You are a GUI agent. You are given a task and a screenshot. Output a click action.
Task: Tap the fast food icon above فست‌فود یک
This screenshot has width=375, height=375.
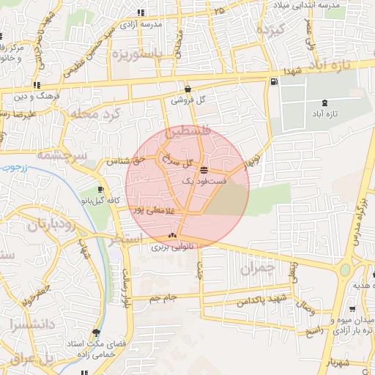[203, 169]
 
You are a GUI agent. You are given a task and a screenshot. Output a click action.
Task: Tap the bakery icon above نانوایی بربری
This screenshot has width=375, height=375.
[172, 235]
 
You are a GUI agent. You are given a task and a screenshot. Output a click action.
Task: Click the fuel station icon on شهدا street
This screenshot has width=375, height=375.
[273, 81]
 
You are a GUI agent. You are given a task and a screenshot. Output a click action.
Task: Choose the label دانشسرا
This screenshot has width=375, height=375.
[23, 323]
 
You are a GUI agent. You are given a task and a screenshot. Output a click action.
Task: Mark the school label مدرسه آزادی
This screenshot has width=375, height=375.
[161, 24]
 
